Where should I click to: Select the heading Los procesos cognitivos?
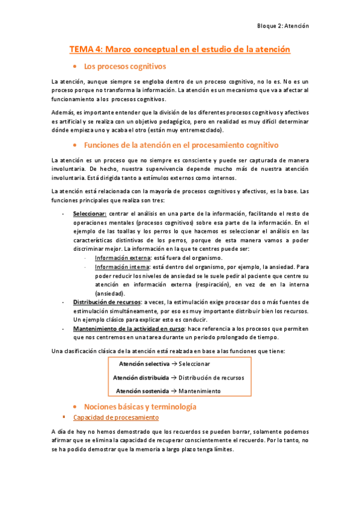125,66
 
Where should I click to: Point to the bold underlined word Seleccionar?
90,214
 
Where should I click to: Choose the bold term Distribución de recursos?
106,301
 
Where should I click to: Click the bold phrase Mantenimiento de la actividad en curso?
129,329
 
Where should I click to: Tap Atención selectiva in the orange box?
144,364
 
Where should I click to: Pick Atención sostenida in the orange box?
142,391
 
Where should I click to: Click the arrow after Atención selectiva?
174,364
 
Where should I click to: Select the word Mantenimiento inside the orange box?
200,391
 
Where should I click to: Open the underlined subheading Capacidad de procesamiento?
115,417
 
